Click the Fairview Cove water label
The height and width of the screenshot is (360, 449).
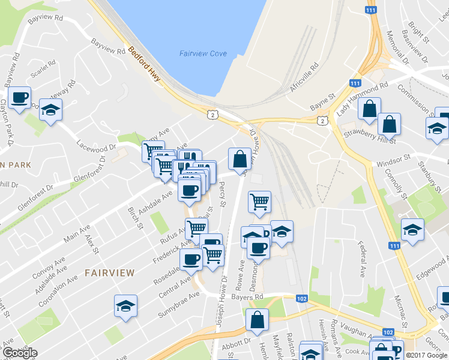[203, 53]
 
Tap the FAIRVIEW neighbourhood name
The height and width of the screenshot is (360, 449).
[110, 272]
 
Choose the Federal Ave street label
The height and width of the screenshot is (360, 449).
[362, 260]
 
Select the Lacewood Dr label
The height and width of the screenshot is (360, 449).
[95, 146]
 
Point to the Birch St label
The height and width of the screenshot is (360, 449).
[134, 218]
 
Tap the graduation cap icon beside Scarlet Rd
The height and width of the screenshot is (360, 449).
[51, 110]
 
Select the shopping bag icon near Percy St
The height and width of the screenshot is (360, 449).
[240, 159]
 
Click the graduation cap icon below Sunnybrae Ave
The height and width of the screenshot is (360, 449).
[125, 305]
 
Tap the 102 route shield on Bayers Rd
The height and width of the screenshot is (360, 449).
[301, 298]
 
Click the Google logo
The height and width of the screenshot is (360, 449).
[20, 353]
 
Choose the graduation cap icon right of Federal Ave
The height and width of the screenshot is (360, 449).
[412, 230]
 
